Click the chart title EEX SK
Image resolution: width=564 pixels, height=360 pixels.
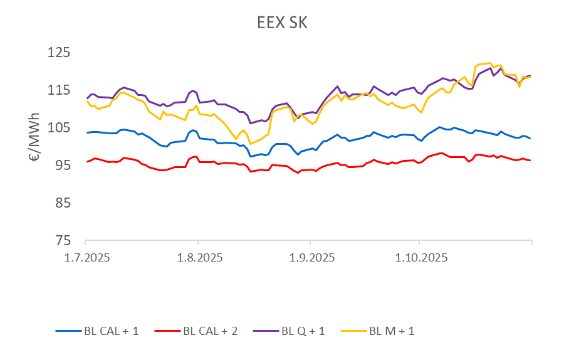coord(282,23)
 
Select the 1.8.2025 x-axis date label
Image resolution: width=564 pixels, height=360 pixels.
coord(197,258)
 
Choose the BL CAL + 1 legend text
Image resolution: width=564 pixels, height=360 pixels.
coord(111,331)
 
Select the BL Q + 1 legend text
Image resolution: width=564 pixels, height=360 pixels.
coord(303,331)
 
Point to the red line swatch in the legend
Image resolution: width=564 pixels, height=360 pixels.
coord(167,331)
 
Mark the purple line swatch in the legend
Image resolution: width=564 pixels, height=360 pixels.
coord(266,331)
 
